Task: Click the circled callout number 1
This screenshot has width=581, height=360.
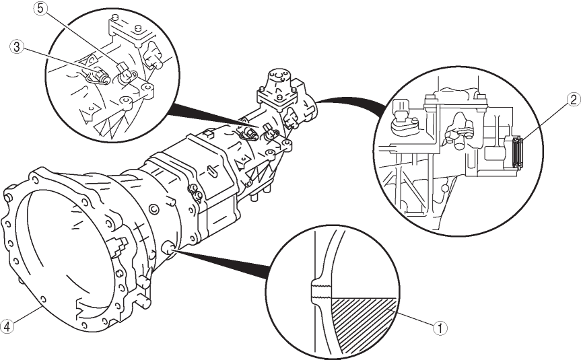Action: [440, 328]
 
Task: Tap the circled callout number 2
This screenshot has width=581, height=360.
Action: [574, 100]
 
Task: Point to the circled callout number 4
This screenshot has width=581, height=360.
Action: [7, 326]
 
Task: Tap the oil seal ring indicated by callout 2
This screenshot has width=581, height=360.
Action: [518, 153]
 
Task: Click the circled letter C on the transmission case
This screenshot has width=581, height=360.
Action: [153, 210]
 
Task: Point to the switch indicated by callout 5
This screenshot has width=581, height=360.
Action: [126, 75]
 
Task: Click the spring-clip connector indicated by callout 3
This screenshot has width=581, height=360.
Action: [97, 75]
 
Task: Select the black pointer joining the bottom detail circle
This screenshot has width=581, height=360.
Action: [222, 264]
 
